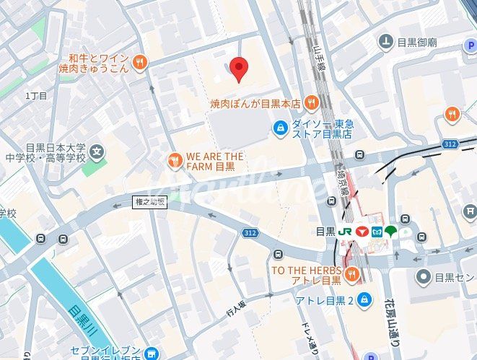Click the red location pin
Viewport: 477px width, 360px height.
tap(239, 69)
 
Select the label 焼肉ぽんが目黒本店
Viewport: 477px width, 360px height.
tap(255, 104)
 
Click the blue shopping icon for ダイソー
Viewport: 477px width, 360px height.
tap(279, 128)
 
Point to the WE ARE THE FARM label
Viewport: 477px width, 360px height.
tap(215, 161)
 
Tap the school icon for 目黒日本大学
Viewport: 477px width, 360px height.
tap(97, 152)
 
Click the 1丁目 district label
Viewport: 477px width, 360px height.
tap(36, 96)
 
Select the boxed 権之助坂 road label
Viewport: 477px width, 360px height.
tap(150, 203)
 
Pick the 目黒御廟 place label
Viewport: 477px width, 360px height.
tap(416, 42)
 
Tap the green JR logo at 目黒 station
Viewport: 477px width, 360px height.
tap(346, 232)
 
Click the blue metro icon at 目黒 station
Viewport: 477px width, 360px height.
tap(377, 232)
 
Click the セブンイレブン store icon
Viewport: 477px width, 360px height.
tap(150, 353)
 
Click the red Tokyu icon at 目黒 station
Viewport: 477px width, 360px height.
tap(362, 232)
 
